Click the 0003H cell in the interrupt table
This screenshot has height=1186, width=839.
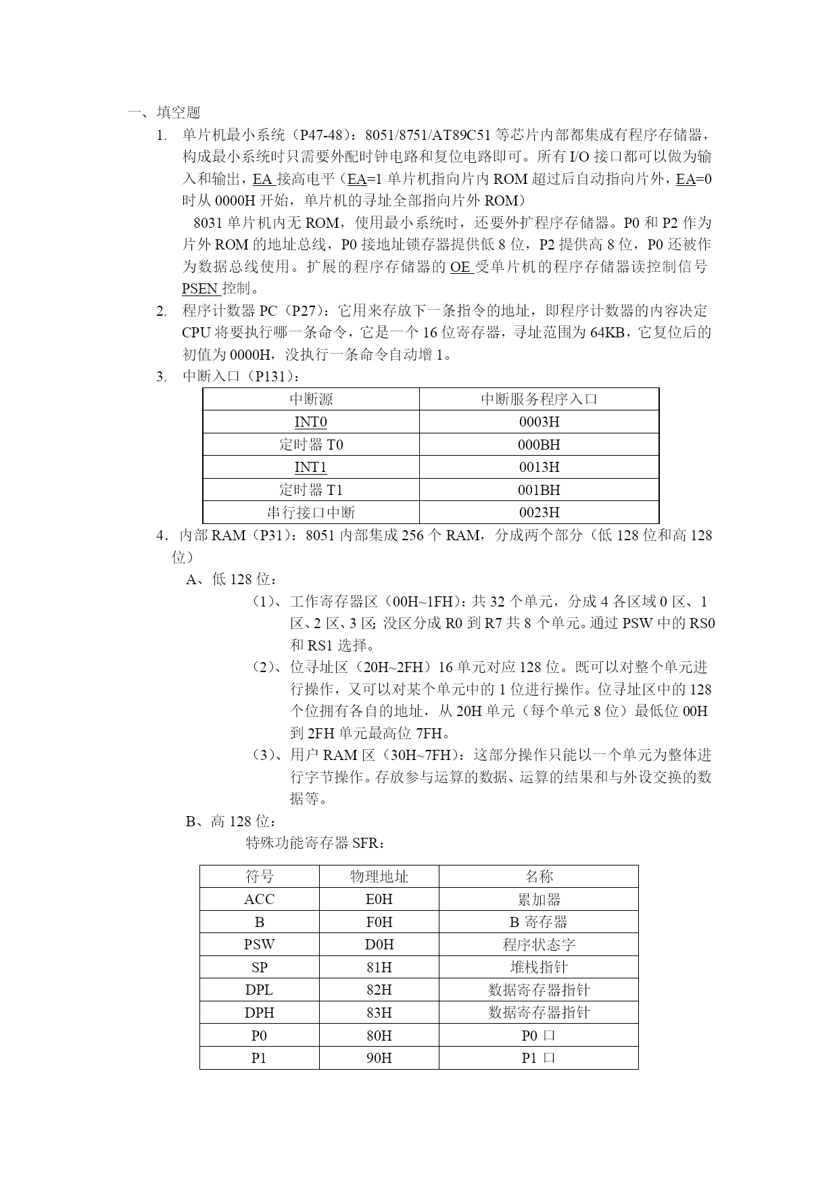[539, 422]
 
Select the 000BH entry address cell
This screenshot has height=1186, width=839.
[539, 445]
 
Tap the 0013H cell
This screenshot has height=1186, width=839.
[539, 467]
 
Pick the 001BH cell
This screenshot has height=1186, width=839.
[539, 490]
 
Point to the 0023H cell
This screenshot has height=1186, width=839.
[539, 513]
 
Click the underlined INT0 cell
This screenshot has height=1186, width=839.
[311, 422]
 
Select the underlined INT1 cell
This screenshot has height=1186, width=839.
[311, 467]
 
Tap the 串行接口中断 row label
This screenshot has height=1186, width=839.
[311, 513]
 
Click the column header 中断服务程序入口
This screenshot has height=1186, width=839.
[539, 399]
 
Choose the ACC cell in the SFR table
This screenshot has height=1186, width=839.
[260, 899]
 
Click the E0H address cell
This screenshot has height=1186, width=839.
[379, 899]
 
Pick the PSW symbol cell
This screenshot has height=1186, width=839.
[260, 945]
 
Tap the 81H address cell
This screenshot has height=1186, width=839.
[379, 968]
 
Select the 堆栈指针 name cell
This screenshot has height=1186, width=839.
[539, 968]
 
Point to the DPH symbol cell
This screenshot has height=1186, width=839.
[260, 1013]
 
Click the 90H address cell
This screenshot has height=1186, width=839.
[379, 1058]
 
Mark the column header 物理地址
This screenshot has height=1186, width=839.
[379, 877]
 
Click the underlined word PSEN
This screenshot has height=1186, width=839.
[200, 289]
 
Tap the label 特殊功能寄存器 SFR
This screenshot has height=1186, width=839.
[316, 843]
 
